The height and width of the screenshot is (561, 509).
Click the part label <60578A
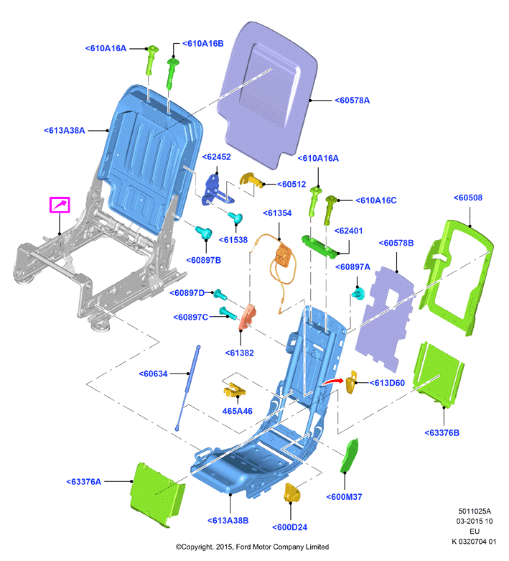[x=352, y=101]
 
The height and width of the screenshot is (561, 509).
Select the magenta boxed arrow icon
[x=60, y=205]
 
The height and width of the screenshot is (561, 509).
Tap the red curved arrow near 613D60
[x=332, y=381]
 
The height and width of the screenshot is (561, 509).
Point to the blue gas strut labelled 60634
[x=187, y=388]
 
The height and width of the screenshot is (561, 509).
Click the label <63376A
[x=84, y=482]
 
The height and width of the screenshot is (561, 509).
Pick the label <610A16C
[x=376, y=200]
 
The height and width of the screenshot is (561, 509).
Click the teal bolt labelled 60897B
[x=204, y=233]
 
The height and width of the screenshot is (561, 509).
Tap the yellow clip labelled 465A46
[x=235, y=390]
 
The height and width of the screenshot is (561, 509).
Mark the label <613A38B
[x=228, y=521]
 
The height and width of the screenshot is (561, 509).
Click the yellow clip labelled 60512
[x=252, y=180]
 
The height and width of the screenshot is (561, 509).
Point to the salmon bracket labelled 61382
[x=248, y=316]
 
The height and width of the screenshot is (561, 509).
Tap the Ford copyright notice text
[x=252, y=547]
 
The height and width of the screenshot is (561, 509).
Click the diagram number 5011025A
[x=475, y=511]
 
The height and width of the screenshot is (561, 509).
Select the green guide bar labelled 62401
[x=320, y=246]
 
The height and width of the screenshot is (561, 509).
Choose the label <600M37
[x=344, y=497]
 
